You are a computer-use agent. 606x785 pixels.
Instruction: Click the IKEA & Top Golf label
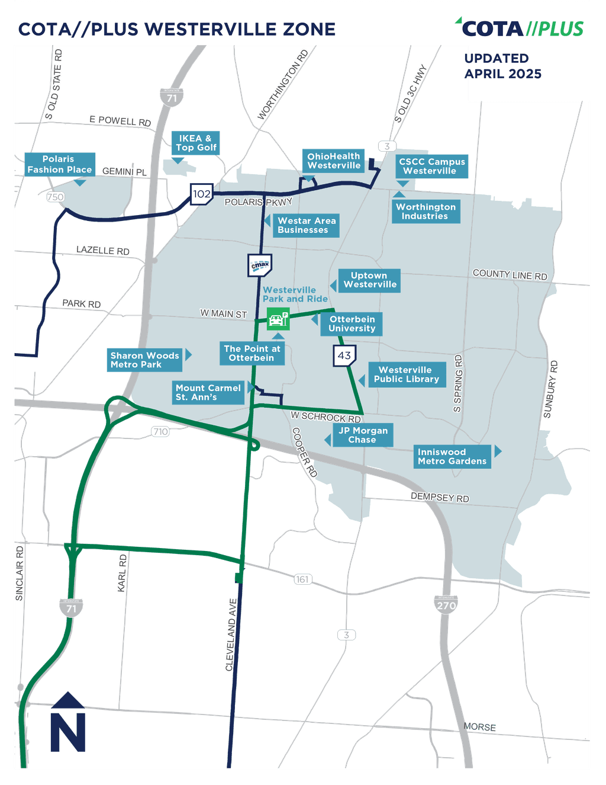[196, 143]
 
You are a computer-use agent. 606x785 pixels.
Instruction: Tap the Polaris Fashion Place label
[60, 164]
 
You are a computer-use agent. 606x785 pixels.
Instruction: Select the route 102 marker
[201, 194]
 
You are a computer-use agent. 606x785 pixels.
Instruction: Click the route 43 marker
[344, 356]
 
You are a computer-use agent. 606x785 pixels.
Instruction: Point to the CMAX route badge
[260, 265]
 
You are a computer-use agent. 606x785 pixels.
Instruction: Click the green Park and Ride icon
[277, 320]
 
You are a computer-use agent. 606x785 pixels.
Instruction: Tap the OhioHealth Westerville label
[333, 161]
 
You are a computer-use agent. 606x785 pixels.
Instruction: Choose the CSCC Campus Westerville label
[431, 166]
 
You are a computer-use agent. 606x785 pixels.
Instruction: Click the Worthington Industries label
[426, 212]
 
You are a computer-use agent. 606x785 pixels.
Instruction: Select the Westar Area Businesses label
[306, 226]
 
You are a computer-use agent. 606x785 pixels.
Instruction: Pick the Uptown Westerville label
[369, 280]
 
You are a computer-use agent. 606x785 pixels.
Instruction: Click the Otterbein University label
[352, 324]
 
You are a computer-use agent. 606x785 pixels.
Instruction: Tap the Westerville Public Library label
[407, 374]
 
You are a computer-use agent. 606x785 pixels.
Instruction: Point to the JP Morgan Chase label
[362, 435]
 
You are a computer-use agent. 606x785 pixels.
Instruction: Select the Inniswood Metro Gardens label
[452, 457]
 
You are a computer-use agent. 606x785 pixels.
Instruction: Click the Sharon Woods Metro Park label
[144, 360]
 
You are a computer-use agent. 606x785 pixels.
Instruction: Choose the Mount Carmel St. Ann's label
[208, 393]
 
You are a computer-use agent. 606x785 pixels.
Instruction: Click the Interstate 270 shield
[446, 605]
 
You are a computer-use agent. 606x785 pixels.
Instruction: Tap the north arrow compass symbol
[68, 722]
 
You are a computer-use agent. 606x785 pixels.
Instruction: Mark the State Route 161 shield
[302, 579]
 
